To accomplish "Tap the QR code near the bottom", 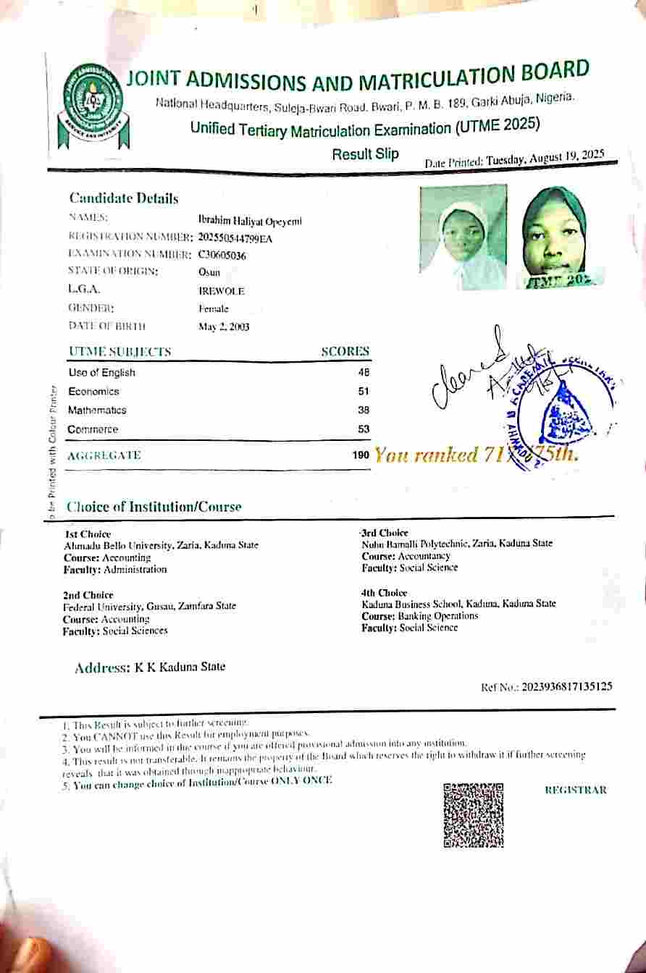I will [473, 814].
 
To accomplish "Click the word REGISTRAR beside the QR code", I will [576, 790].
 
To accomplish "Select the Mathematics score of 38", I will [364, 410].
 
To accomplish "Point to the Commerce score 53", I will [364, 429].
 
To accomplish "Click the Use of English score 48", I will [364, 373].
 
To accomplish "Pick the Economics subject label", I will [93, 392].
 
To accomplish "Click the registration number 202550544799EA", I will [236, 237].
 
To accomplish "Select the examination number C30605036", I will [222, 255].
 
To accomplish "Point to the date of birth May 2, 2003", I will [224, 327].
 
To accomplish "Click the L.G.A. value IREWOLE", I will [222, 291].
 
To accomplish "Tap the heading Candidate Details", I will [123, 198].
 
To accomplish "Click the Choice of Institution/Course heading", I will [154, 507].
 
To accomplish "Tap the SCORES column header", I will [345, 352].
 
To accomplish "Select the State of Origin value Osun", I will [209, 273].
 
